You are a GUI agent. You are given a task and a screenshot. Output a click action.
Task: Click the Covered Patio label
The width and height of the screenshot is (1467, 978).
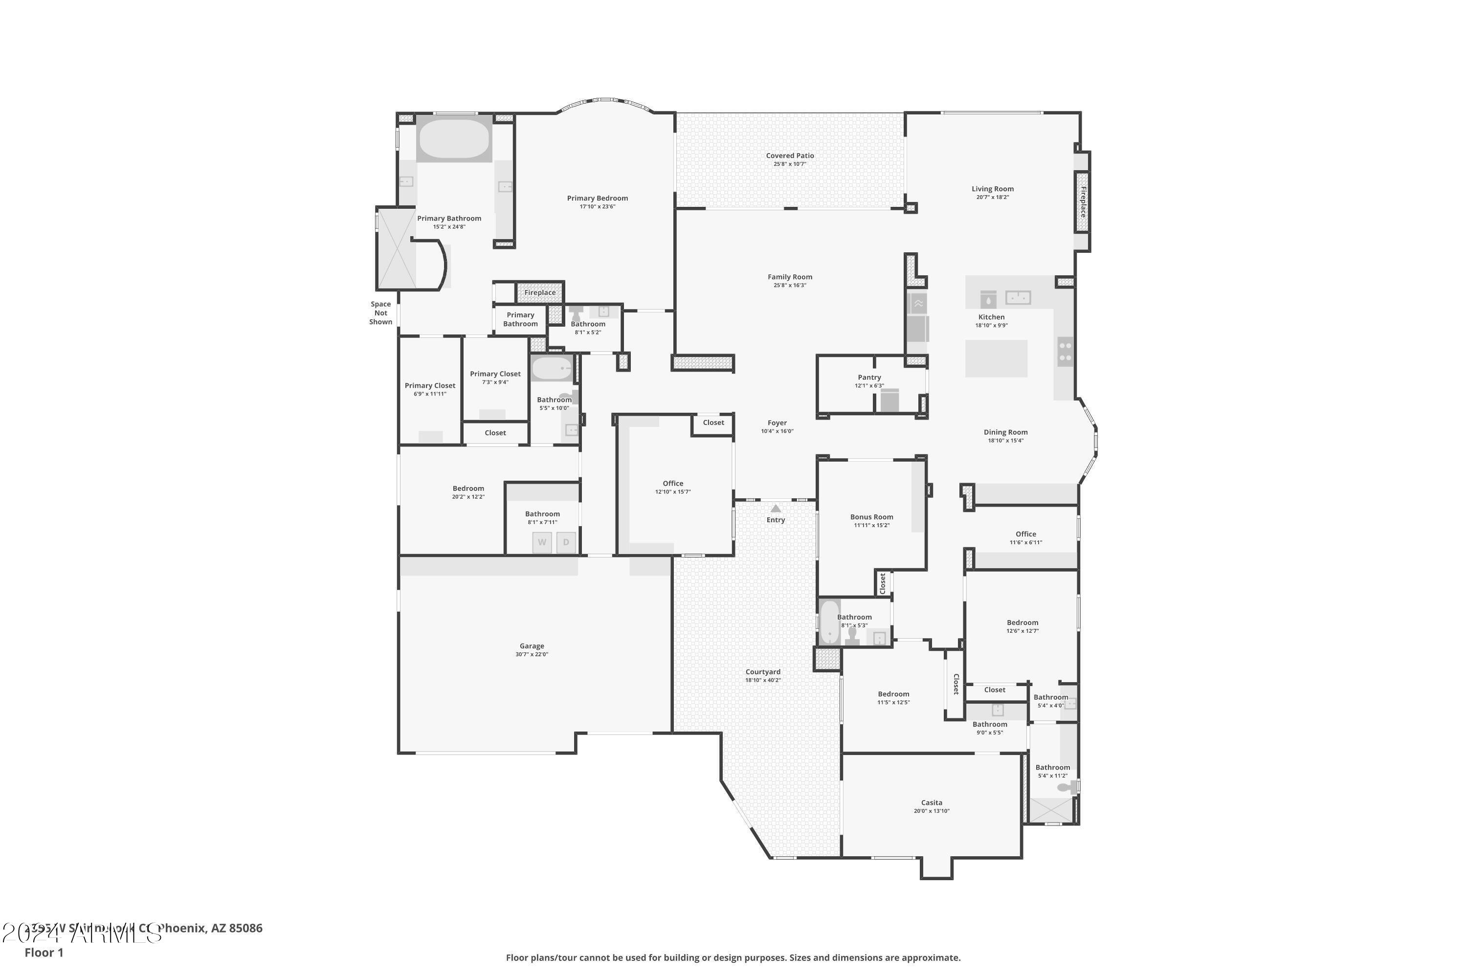click(790, 156)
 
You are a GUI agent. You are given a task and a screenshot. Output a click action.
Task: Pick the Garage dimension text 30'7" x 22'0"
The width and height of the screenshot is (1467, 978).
click(532, 654)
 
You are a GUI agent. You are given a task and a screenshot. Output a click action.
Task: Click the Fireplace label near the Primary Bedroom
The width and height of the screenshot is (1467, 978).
click(539, 292)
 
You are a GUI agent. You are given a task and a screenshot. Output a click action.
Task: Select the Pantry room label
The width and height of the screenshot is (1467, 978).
click(869, 378)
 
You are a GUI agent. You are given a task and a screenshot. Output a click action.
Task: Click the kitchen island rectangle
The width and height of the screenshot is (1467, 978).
click(996, 358)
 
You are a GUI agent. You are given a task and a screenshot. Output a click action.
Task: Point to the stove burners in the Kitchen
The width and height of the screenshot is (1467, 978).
click(1066, 352)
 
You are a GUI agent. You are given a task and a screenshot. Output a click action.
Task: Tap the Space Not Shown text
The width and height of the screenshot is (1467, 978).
click(380, 313)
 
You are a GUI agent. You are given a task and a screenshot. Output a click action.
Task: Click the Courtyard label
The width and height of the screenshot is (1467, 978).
click(762, 672)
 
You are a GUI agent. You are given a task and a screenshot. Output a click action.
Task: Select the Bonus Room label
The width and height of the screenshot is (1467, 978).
click(871, 516)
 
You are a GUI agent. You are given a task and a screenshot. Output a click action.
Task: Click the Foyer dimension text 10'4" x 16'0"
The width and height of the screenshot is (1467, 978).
click(777, 431)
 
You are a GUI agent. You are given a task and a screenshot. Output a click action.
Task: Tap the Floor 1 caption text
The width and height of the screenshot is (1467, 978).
click(44, 953)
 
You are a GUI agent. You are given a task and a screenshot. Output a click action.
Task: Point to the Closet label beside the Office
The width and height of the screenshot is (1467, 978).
click(713, 422)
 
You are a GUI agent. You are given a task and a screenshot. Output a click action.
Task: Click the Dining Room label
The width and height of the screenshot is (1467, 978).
click(1005, 432)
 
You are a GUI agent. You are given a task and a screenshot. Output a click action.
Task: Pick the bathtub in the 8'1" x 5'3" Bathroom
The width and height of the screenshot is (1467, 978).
click(829, 622)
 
